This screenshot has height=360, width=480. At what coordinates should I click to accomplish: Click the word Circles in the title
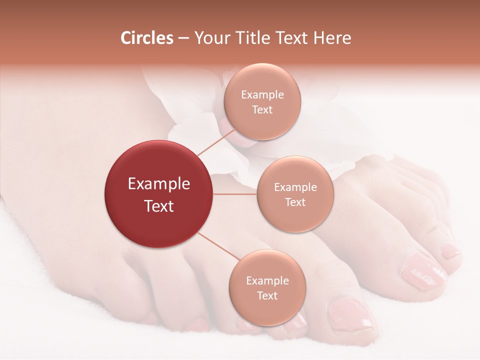coord(147,38)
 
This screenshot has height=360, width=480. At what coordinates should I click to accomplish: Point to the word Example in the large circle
coord(159,184)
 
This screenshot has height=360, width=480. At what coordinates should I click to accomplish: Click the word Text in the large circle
coord(159,206)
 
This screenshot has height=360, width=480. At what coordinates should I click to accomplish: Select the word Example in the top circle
coord(262,94)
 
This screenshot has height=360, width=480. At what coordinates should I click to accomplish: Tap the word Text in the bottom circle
coord(267,295)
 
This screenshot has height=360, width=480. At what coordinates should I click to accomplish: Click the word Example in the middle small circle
coord(295,187)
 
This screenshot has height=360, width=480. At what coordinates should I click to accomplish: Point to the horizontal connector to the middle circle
coord(235,194)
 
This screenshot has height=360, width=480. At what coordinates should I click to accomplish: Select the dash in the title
coord(183,38)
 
